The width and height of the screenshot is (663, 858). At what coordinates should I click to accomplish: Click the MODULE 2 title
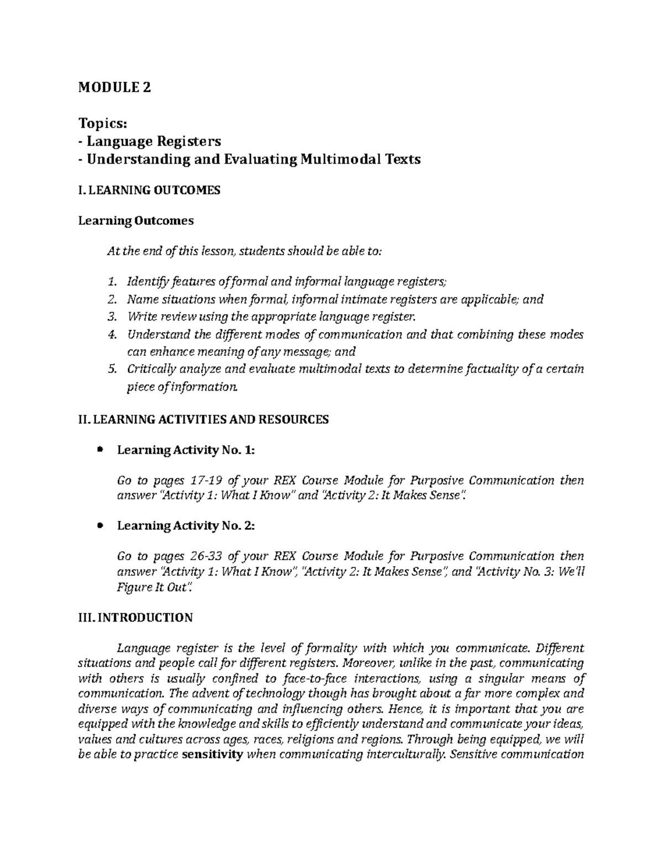tap(114, 87)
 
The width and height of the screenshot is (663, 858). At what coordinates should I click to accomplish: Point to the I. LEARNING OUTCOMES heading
tap(149, 191)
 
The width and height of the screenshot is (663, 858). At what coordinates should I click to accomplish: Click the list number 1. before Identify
tap(112, 282)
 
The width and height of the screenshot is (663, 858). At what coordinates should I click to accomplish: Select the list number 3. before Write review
tap(112, 317)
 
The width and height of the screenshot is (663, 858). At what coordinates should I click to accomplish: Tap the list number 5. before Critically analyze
tap(112, 369)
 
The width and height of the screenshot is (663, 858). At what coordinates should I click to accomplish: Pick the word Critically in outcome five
tap(151, 369)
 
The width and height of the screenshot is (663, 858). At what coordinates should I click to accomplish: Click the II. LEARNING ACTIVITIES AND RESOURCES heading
tap(203, 420)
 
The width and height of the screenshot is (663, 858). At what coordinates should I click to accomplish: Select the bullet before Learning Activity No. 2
tap(100, 526)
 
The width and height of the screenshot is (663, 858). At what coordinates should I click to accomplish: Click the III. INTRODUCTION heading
tap(135, 618)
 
